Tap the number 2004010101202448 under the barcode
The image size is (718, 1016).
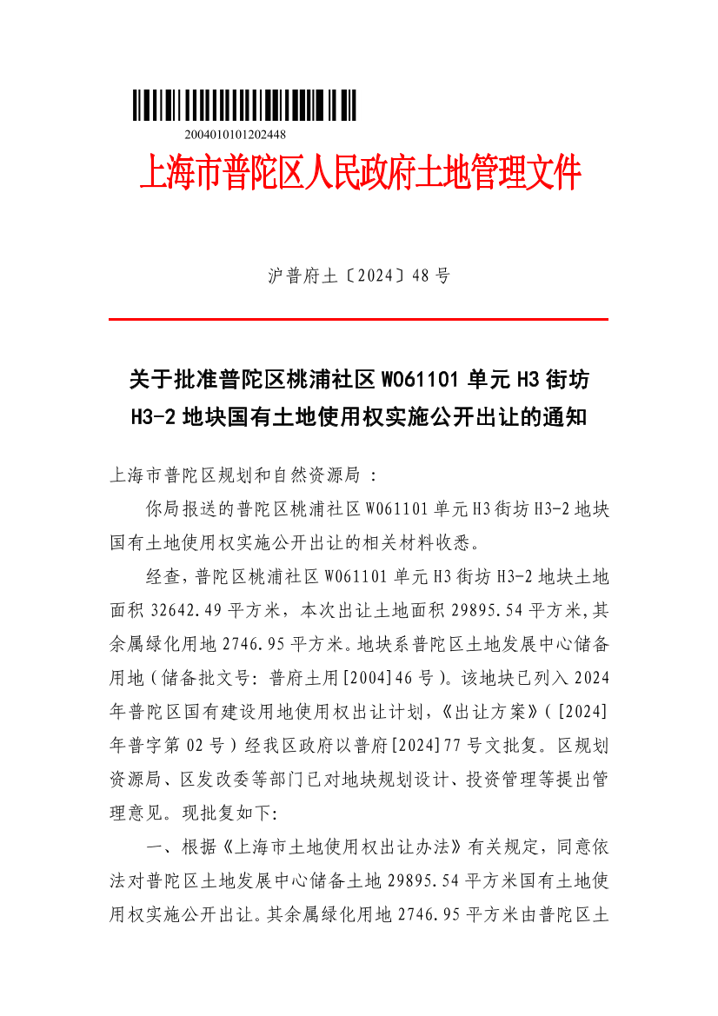click(236, 135)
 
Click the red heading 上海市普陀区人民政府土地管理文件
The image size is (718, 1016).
click(360, 173)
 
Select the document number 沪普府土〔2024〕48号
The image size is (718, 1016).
click(358, 276)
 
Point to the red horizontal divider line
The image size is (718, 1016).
click(358, 320)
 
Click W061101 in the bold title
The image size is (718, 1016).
click(420, 380)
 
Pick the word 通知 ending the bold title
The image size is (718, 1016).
click(566, 418)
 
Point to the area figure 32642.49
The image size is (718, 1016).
click(196, 611)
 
